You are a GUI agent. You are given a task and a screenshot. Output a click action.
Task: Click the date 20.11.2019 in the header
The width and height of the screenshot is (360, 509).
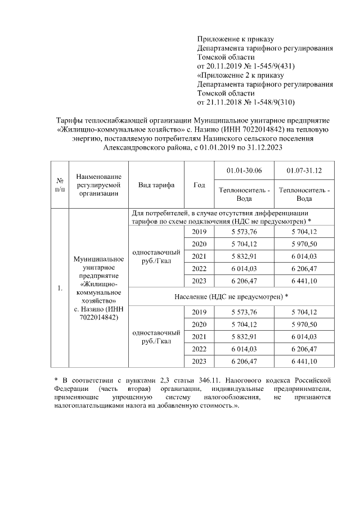pos(225,66)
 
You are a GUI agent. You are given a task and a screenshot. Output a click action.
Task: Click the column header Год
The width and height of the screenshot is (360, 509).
pos(199,185)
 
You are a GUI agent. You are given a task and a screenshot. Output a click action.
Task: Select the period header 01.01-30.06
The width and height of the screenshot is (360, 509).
pos(244,170)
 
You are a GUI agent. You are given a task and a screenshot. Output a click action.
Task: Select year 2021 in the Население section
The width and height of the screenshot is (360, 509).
pos(199,336)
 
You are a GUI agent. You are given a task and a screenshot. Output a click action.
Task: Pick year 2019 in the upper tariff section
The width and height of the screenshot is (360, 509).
pos(199,232)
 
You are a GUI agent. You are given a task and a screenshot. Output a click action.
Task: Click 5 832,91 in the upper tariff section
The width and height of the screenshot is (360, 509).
pos(244,256)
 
